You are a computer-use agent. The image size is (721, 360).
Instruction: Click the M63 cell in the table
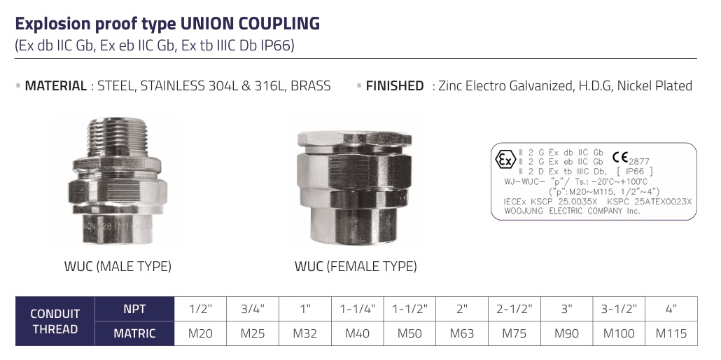tap(462, 333)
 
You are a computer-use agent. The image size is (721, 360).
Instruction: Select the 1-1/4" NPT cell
tap(357, 309)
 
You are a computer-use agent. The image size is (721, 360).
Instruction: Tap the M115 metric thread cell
tap(671, 333)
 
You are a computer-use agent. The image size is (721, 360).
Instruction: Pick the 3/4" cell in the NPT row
tap(253, 309)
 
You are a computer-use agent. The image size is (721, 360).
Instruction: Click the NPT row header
tap(134, 309)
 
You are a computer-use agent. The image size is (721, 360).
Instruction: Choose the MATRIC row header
tap(134, 333)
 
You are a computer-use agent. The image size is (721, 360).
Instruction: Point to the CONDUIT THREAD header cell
tap(55, 321)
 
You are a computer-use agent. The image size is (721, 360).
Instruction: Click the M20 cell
tap(200, 333)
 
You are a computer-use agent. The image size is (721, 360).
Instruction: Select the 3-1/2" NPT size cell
tap(619, 309)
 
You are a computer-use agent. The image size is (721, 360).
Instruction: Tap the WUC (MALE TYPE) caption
tap(118, 266)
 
